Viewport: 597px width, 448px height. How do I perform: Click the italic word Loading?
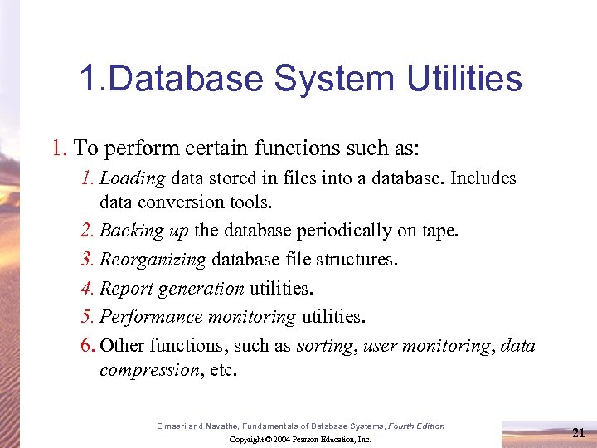133,178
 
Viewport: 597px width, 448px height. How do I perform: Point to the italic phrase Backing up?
144,231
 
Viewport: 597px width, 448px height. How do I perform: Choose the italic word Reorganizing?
153,260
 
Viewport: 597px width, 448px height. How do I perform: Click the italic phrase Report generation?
172,289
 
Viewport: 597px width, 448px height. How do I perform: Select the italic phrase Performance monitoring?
197,317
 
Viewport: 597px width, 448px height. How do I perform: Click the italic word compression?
147,370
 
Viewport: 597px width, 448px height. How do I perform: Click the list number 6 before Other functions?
87,346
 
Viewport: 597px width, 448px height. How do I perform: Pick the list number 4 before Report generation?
87,289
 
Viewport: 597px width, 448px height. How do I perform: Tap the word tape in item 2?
439,231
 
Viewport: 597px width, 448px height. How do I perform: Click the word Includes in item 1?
483,178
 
